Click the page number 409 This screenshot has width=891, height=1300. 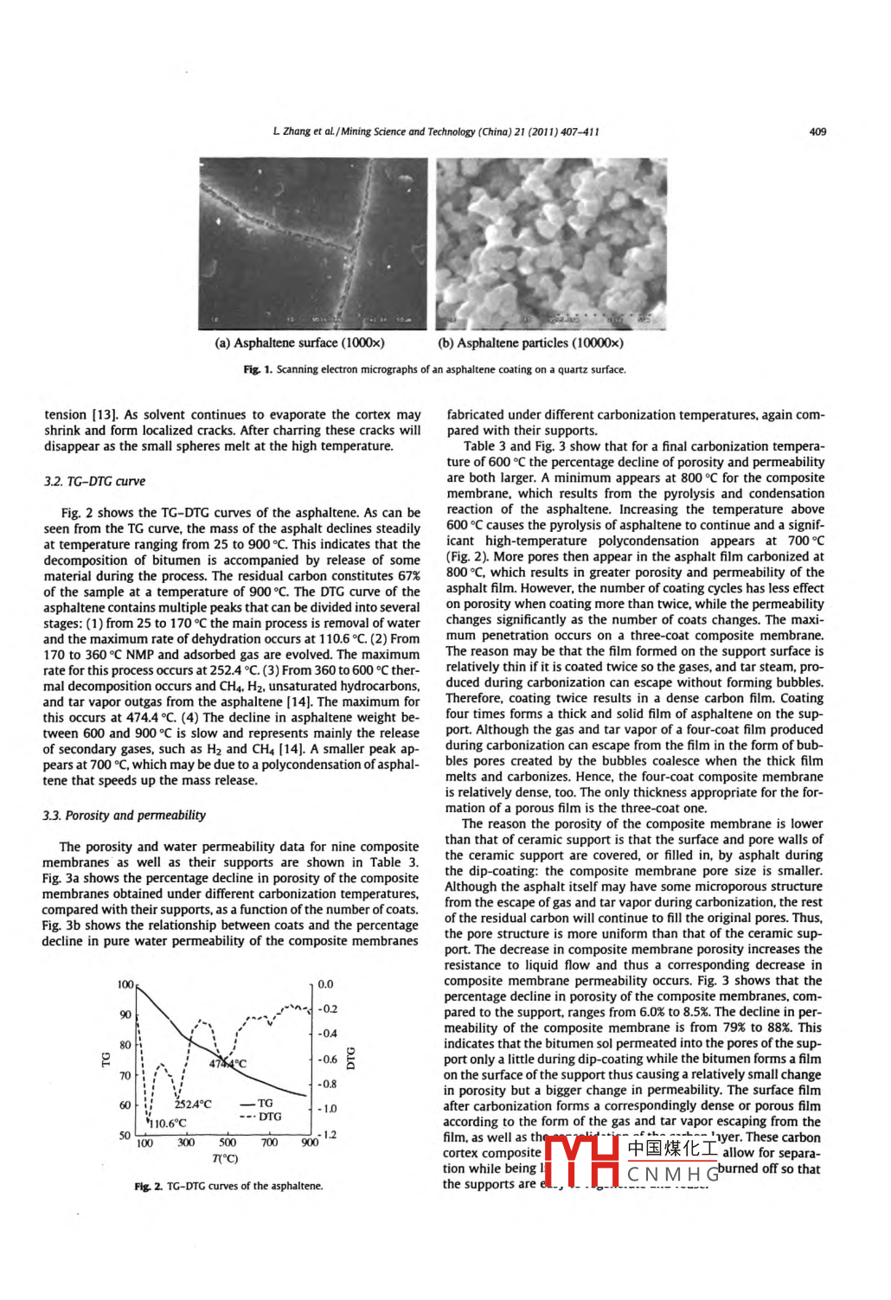pos(817,131)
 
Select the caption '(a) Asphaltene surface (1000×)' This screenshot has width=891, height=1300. pos(299,343)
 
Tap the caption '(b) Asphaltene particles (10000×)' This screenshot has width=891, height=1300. pos(530,343)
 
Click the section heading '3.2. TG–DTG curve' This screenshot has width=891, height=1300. pos(94,481)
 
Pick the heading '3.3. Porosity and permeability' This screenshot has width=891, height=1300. pos(125,815)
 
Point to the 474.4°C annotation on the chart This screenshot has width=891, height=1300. pos(228,1063)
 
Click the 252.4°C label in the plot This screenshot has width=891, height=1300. pos(192,1105)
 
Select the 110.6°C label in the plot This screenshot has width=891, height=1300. pos(168,1124)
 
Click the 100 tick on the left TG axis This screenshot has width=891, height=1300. pos(125,984)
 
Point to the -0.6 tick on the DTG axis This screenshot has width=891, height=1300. pos(327,1059)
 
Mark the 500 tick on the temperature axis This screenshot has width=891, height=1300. pos(227,1143)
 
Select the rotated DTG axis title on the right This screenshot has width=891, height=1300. pos(351,1058)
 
